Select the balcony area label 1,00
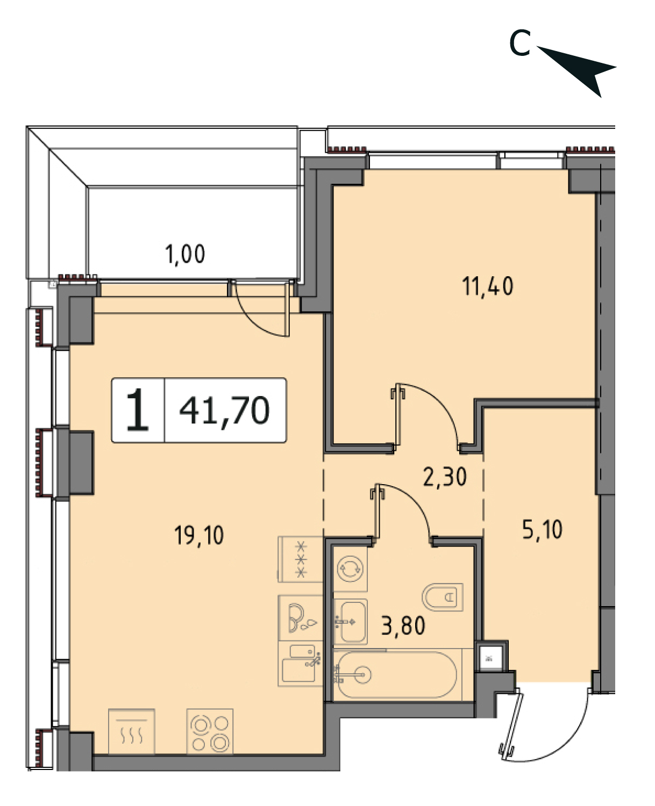(185, 254)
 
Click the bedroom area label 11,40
(488, 286)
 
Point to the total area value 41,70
(224, 411)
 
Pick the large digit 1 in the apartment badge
(138, 410)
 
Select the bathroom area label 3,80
(403, 625)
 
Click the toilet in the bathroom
(443, 597)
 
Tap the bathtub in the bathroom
(397, 675)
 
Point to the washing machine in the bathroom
(350, 568)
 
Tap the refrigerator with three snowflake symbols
(301, 559)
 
